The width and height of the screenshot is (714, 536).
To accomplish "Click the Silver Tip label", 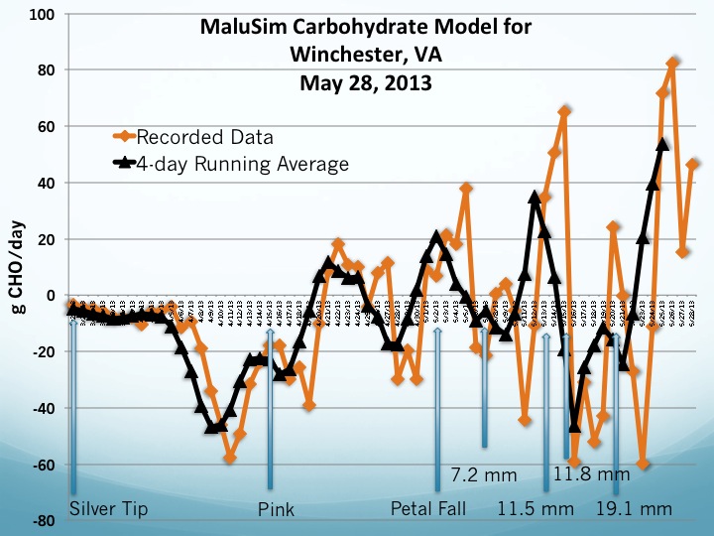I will [x=108, y=509].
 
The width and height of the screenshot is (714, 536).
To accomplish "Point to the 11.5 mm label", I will [x=535, y=509].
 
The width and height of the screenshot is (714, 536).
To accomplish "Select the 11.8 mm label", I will [x=591, y=474].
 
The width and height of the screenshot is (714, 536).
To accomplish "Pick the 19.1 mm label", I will [x=635, y=509].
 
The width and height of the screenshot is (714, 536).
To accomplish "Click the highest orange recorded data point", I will [x=672, y=63].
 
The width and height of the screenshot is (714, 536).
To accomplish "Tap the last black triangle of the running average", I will [x=663, y=144].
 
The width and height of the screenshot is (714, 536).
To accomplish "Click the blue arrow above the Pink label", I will [x=271, y=417].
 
